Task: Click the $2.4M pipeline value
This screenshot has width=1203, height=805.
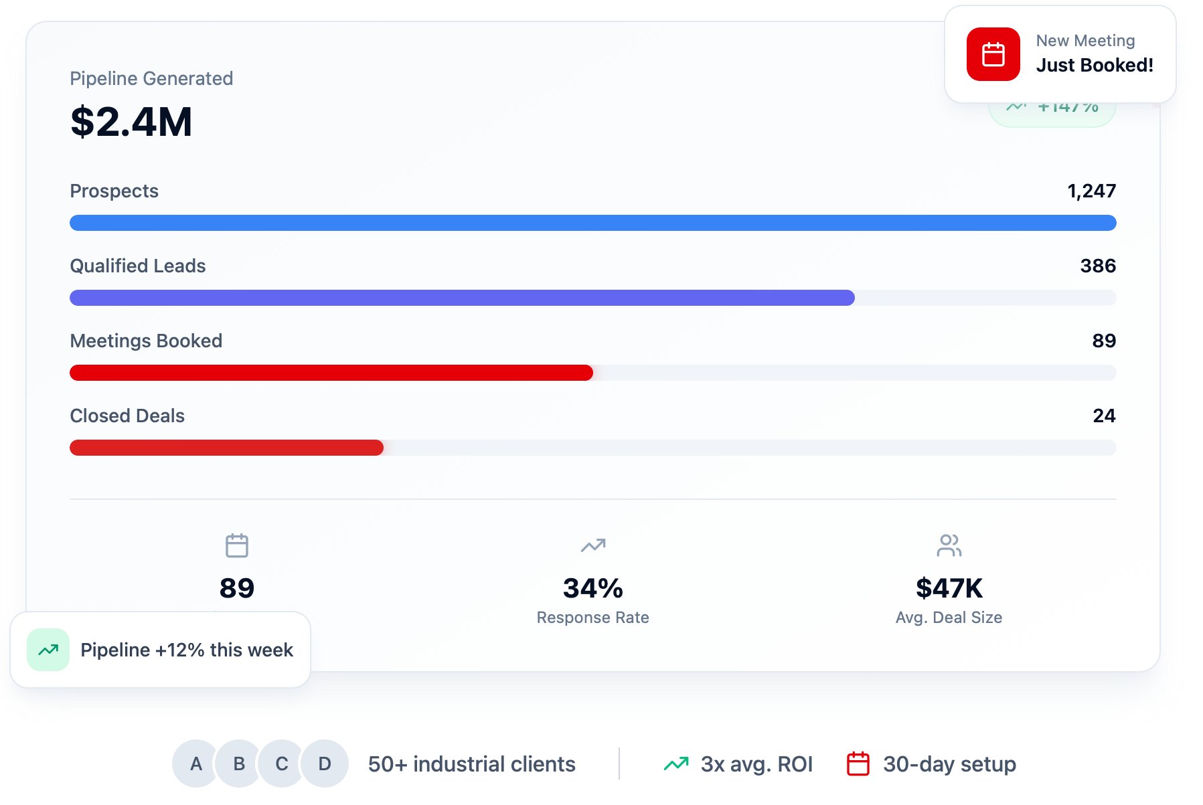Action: click(131, 122)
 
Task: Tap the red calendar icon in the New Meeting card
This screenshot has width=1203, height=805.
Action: click(993, 54)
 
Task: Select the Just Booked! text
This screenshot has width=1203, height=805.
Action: click(1095, 65)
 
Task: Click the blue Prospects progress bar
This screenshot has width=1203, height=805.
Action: click(592, 223)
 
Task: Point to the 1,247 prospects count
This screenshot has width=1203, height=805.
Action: click(1091, 191)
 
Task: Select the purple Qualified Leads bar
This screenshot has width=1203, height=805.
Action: click(462, 298)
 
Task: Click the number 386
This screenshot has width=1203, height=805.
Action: click(1097, 266)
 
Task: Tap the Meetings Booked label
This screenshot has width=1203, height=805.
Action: click(146, 341)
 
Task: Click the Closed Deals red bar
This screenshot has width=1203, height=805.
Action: click(226, 448)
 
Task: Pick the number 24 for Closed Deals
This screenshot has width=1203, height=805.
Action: click(1103, 416)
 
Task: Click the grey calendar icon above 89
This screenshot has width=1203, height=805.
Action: click(237, 545)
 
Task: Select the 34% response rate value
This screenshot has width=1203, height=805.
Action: click(592, 588)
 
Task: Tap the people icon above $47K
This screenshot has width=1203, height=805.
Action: click(949, 545)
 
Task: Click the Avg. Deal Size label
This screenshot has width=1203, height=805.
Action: click(949, 618)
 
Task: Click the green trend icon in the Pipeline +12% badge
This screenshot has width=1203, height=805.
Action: click(48, 650)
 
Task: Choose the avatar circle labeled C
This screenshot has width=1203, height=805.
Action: click(282, 764)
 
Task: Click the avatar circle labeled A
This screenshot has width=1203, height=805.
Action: click(195, 764)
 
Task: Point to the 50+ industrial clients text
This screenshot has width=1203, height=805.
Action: click(471, 764)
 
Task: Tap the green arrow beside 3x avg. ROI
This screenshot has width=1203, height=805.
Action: click(676, 764)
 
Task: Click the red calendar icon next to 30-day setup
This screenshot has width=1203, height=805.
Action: click(858, 764)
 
